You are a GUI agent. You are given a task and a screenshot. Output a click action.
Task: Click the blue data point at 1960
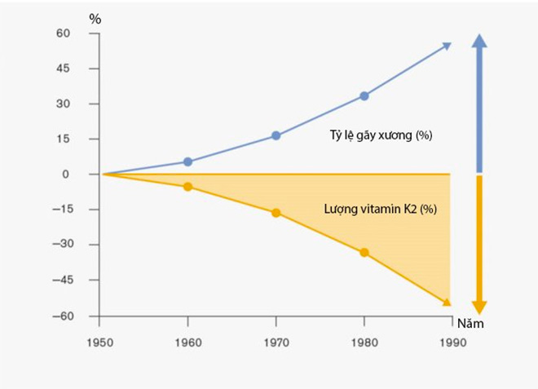pos(187,161)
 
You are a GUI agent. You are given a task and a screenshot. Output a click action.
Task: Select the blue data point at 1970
pos(276,135)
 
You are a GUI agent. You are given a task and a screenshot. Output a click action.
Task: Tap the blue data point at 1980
pos(364,95)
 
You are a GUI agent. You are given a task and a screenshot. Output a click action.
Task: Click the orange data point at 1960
pos(187,187)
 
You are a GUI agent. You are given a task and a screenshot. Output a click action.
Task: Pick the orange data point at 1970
pos(276,213)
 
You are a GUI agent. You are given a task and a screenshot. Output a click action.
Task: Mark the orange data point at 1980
pos(364,253)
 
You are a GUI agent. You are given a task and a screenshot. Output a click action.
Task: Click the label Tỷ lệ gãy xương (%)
pos(375,135)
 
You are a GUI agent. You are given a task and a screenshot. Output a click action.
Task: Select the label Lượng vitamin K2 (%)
pos(380,209)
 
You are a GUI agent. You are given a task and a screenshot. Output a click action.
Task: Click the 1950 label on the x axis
pos(100,343)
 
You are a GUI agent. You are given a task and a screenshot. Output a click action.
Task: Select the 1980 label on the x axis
pos(364,343)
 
